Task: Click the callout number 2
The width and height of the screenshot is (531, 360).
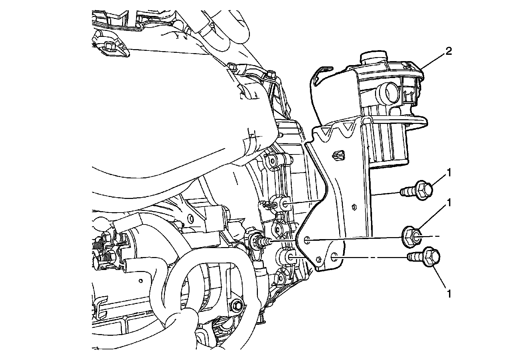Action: pos(448,51)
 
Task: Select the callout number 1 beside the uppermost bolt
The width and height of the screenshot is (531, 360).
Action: pos(449,173)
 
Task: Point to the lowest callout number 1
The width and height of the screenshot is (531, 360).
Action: pos(449,294)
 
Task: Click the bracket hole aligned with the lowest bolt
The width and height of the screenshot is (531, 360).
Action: pos(334,257)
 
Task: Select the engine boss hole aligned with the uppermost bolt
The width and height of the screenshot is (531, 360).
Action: pos(284,204)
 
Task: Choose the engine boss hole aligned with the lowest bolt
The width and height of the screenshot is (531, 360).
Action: pos(290,256)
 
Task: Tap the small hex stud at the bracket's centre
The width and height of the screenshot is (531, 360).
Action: pos(354,206)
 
